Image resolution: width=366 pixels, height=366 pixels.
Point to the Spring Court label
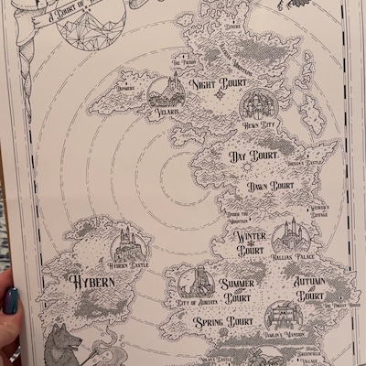[x=222, y=323]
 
